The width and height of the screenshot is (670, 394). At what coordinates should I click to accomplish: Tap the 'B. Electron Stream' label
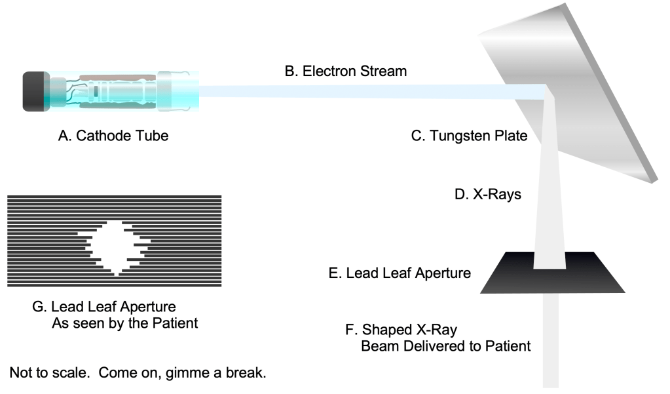pos(345,71)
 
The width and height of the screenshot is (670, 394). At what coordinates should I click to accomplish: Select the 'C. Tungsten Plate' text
pos(469,136)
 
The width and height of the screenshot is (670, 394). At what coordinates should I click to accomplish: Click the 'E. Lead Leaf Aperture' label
pos(400,273)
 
